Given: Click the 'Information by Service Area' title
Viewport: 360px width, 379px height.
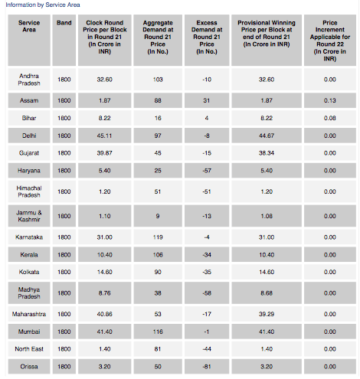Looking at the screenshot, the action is click(43, 5).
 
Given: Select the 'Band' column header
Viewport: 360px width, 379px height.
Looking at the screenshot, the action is click(64, 23).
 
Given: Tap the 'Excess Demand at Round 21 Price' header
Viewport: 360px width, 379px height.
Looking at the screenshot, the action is click(207, 37).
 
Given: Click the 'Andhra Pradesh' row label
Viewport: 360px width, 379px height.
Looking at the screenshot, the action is click(29, 80).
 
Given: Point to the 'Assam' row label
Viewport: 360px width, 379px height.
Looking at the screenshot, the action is click(29, 100).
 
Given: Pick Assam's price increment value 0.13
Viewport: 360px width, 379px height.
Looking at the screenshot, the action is click(330, 100).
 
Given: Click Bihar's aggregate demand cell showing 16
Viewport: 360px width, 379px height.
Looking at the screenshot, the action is click(158, 118).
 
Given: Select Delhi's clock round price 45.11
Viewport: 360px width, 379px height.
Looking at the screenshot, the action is click(105, 136).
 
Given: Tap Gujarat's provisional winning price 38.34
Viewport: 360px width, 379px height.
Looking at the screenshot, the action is click(267, 153).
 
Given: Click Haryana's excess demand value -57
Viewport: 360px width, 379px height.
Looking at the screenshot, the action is click(207, 171).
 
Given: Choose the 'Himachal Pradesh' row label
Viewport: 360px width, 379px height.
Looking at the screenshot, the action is click(29, 191).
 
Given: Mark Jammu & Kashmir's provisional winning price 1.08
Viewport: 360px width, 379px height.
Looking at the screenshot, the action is click(267, 216).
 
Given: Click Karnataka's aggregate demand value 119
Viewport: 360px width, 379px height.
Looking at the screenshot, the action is click(158, 237).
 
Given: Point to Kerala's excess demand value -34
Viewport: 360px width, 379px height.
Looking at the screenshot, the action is click(207, 255).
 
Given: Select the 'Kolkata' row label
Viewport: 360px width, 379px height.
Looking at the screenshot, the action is click(29, 272).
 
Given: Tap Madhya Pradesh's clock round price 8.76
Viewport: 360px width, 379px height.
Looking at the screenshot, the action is click(105, 293).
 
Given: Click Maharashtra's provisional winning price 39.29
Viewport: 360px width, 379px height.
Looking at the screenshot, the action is click(267, 314).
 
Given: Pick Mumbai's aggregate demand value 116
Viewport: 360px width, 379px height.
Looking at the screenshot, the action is click(158, 332).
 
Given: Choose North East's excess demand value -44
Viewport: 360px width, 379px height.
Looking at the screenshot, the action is click(207, 349).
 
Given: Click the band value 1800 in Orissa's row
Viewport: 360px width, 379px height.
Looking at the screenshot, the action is click(64, 367).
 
